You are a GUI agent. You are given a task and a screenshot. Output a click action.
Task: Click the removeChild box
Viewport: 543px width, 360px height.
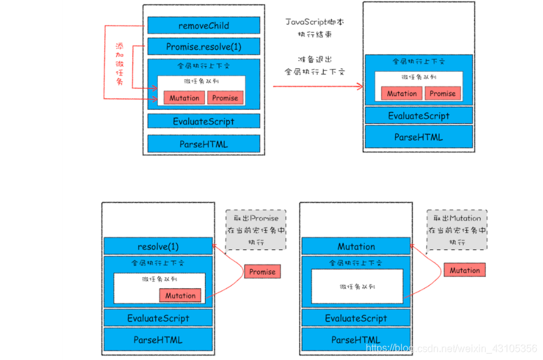tap(204, 26)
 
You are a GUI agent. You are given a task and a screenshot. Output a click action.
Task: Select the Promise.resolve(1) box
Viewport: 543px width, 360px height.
tap(204, 47)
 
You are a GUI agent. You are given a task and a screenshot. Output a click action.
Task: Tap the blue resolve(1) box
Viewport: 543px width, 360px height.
tap(158, 246)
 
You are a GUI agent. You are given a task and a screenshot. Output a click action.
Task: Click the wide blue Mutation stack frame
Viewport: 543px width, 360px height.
tap(356, 246)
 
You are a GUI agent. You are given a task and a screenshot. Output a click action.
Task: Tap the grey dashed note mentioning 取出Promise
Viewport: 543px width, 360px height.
tap(255, 229)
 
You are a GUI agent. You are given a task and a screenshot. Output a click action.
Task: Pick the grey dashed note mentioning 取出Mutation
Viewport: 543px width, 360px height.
tap(457, 229)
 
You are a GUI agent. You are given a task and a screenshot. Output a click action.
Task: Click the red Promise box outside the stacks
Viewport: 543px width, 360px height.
tap(262, 271)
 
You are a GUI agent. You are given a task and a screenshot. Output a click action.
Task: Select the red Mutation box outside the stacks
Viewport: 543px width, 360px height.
tap(464, 271)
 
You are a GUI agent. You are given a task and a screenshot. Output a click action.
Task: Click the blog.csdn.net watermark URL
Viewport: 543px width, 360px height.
tap(451, 347)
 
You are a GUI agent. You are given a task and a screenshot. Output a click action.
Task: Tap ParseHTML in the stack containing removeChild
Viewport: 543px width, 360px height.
tap(204, 144)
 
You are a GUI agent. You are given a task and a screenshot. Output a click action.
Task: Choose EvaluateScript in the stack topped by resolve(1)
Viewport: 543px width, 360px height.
tap(158, 319)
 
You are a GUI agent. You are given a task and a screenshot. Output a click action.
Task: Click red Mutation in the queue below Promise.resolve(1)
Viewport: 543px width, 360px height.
tap(184, 98)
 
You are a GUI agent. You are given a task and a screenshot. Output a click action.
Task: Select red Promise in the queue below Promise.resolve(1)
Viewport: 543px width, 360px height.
tap(225, 98)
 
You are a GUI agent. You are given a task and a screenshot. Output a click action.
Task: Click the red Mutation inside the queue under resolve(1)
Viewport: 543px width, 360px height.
tap(180, 295)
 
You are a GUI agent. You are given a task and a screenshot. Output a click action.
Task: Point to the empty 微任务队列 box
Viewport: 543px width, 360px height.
tap(356, 286)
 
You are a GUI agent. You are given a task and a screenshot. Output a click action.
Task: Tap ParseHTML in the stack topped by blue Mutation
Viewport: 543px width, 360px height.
tap(356, 340)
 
